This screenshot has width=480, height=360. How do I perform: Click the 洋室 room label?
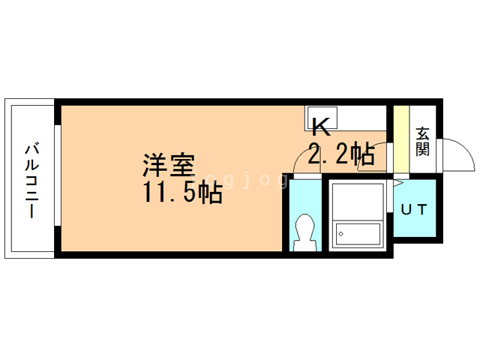pos(169,165)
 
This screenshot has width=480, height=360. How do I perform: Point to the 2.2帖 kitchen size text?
pos(341,154)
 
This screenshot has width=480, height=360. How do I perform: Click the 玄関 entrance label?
pos(423,142)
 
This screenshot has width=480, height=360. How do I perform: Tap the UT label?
pos(413,209)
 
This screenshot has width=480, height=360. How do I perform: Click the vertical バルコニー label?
pos(33,179)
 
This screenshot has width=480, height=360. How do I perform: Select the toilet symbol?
pos(304,231)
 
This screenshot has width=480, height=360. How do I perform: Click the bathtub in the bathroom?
pos(358,233)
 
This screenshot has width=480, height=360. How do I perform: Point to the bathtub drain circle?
pos(342,234)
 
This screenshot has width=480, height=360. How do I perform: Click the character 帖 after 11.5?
pos(211,193)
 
